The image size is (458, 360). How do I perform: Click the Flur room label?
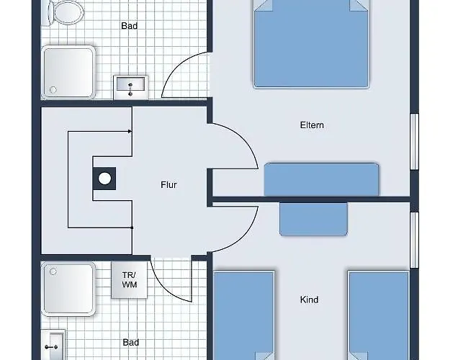click(x=169, y=185)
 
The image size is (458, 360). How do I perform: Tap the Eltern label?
click(x=312, y=125)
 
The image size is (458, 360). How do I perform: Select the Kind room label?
click(x=309, y=300)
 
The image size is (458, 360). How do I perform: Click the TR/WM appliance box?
click(x=129, y=279)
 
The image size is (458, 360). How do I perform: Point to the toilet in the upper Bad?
click(x=66, y=12)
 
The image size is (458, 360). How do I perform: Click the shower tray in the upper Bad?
click(x=68, y=72)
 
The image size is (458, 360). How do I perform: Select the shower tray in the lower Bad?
click(x=68, y=289)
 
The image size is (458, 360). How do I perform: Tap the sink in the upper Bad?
click(x=130, y=87)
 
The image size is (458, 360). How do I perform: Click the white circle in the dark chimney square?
click(x=104, y=179)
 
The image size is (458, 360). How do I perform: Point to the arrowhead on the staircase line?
click(x=130, y=131)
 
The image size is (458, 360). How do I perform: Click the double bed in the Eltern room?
click(x=311, y=44)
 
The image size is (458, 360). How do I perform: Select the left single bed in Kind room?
click(x=243, y=315)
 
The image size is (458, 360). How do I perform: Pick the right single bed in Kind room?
click(x=379, y=315)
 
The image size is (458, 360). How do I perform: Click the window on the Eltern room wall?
click(x=415, y=142)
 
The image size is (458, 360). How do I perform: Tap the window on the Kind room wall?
click(x=415, y=240)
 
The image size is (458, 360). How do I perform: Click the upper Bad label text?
click(x=129, y=26)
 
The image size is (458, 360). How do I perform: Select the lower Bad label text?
click(x=130, y=342)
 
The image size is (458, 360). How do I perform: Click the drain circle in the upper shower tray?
click(x=53, y=89)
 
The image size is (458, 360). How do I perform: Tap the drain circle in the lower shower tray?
click(x=53, y=272)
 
